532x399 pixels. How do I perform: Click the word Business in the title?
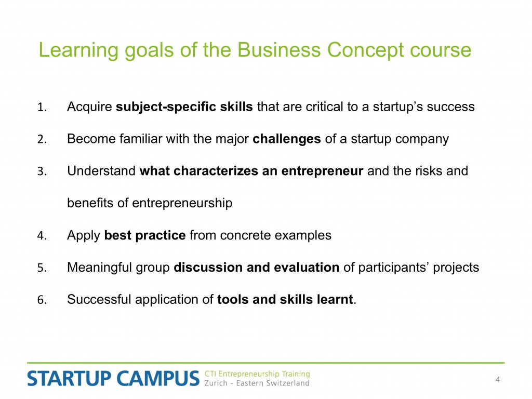pyautogui.click(x=279, y=50)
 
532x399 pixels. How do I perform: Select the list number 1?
pyautogui.click(x=42, y=107)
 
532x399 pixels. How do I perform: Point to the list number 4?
pyautogui.click(x=42, y=236)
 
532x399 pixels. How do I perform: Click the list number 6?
pyautogui.click(x=42, y=300)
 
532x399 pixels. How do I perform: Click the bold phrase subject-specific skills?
pyautogui.click(x=184, y=107)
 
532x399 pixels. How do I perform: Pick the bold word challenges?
pyautogui.click(x=287, y=139)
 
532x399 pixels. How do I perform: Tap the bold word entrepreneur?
pyautogui.click(x=322, y=171)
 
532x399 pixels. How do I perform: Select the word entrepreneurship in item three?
pyautogui.click(x=182, y=203)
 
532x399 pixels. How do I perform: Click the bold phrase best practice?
pyautogui.click(x=145, y=235)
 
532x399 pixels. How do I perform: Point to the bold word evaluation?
pyautogui.click(x=307, y=268)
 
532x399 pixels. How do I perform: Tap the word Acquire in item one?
pyautogui.click(x=89, y=107)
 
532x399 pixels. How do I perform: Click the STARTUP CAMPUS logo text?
pyautogui.click(x=113, y=379)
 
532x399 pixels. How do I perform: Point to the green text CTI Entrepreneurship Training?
pyautogui.click(x=257, y=374)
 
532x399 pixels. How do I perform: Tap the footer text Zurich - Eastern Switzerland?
pyautogui.click(x=257, y=383)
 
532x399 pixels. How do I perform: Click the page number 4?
pyautogui.click(x=498, y=380)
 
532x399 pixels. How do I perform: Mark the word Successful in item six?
pyautogui.click(x=99, y=300)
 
